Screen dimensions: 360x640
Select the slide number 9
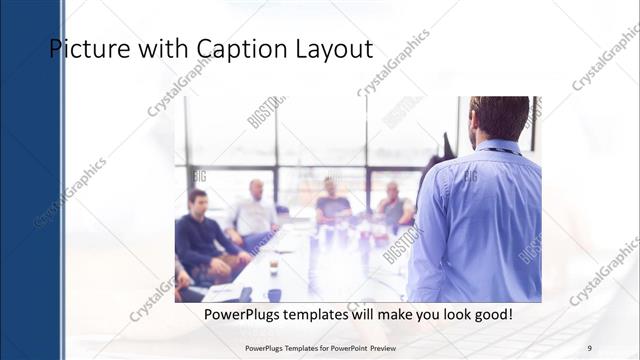[589, 348]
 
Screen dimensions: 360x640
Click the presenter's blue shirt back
[480, 220]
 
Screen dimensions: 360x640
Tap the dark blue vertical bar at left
[31, 180]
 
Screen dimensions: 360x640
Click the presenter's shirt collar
[497, 147]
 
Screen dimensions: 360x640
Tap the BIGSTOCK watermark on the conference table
[403, 243]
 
